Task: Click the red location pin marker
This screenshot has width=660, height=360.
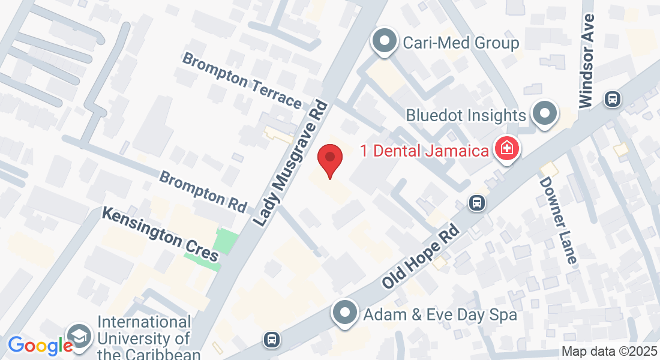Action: coord(329,158)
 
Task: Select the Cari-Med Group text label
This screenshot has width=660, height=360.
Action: coord(461,43)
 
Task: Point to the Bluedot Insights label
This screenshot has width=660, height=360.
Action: coord(466,115)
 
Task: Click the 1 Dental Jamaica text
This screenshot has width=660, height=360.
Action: coord(424,150)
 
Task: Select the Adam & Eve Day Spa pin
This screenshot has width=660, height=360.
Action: coord(345,313)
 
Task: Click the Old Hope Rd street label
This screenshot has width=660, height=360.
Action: coord(421,256)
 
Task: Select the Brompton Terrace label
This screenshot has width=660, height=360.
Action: coord(242,80)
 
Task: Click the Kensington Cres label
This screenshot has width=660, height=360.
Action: coord(160,234)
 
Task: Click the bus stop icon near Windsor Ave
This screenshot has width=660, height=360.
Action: coord(613,98)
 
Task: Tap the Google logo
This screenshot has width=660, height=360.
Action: coord(40,346)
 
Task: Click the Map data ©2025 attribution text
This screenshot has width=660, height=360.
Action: coord(608,352)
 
